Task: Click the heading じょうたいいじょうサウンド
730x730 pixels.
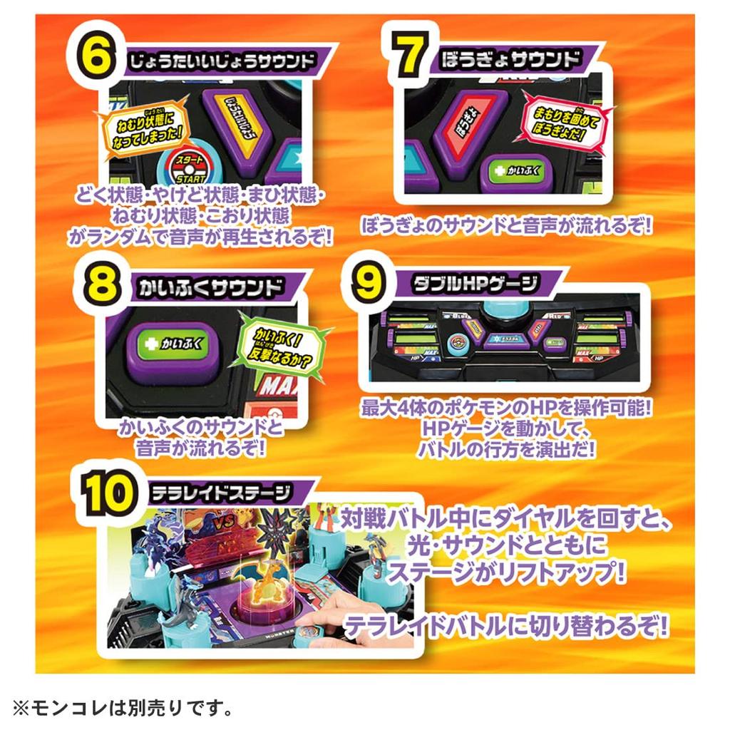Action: click(x=221, y=60)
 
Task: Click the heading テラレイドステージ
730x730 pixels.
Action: click(x=221, y=492)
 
